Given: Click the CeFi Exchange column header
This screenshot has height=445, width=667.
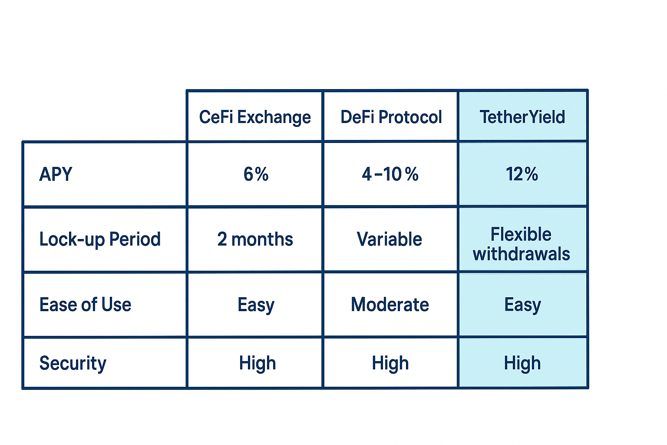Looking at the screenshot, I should point(255,117).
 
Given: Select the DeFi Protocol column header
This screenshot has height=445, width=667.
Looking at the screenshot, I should point(391,117).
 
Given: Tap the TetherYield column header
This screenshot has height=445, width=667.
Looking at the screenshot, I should point(522,117).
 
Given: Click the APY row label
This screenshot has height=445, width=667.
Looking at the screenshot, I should point(56,174).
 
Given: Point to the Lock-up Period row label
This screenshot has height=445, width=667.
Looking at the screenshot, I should point(100,239).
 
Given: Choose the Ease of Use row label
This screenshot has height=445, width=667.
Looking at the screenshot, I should point(85,305).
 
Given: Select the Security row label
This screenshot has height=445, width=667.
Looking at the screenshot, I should point(73,363).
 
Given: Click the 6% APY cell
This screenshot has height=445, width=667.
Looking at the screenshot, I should point(256,174).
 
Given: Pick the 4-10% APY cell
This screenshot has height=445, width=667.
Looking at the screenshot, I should point(390,174).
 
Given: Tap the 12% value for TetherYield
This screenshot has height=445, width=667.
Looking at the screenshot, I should point(522,174).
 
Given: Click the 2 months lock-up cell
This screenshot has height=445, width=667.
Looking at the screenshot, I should point(255,239).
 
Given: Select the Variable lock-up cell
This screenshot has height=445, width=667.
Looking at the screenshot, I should point(390,239).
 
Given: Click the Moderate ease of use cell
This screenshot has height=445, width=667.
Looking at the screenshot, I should point(390,305).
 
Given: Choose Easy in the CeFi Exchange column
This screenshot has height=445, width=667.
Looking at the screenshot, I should point(256,305).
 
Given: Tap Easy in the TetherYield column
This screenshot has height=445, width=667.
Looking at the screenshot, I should point(522,305).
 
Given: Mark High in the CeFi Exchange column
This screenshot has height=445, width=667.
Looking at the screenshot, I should point(257,363).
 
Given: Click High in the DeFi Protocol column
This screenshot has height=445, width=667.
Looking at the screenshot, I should point(390,363).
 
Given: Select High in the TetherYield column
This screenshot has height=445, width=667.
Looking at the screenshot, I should point(522,363).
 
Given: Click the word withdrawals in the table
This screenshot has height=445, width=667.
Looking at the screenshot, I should point(522,254).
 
